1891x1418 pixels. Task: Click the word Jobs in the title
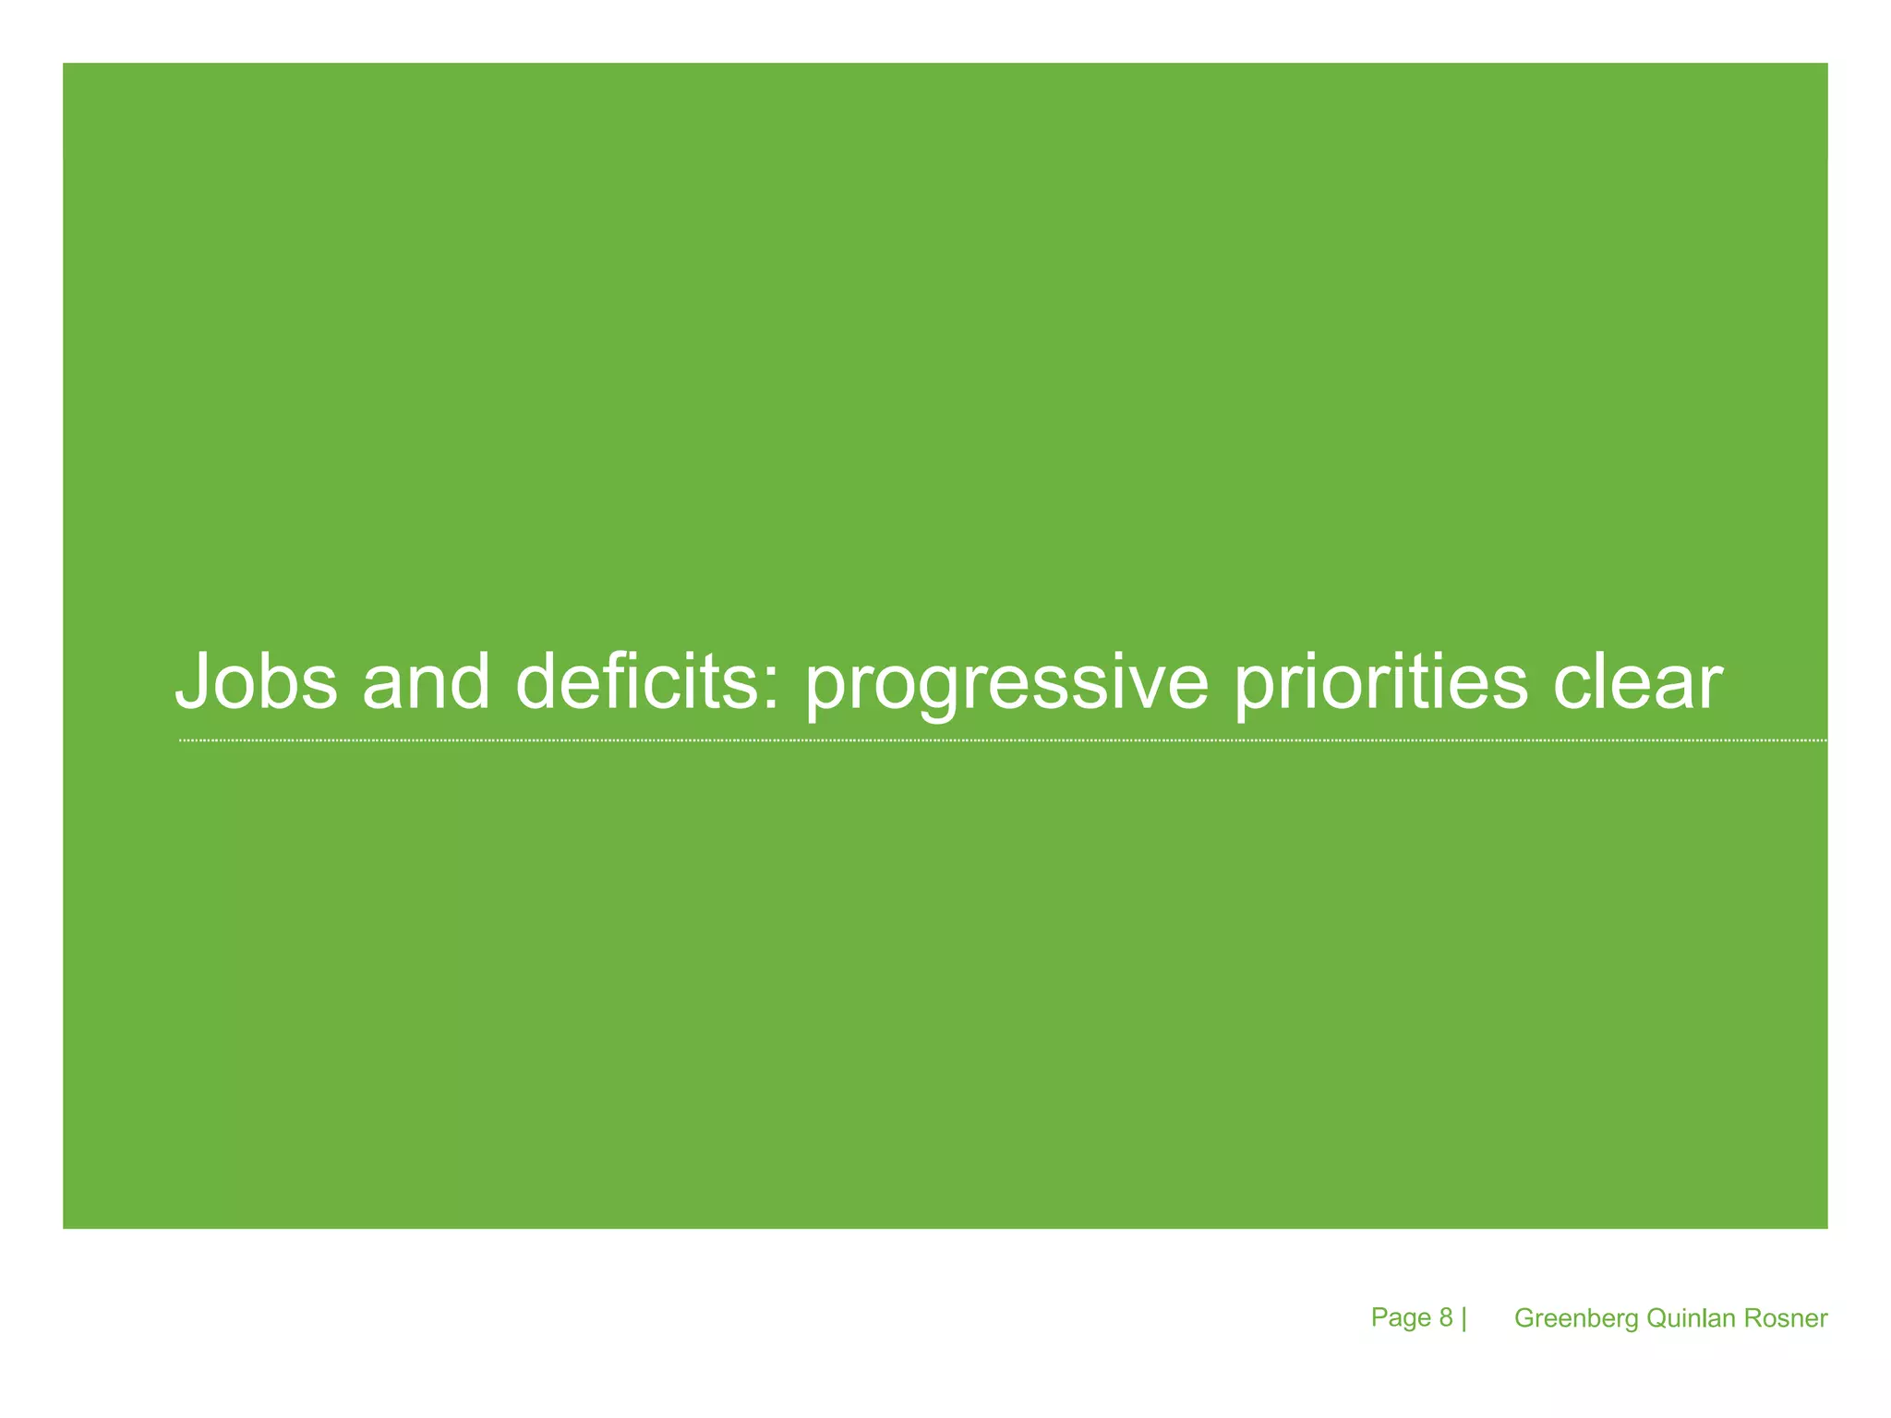point(257,681)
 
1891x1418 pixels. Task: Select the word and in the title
point(426,681)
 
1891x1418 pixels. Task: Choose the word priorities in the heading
point(1381,683)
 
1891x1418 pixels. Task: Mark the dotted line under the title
point(1002,740)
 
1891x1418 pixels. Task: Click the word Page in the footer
point(1401,1317)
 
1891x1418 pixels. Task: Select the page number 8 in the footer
point(1446,1317)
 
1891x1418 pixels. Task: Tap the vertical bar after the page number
point(1463,1318)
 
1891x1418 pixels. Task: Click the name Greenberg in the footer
point(1577,1318)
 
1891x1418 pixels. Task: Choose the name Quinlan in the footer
point(1692,1318)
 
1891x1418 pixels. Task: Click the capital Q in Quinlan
point(1656,1318)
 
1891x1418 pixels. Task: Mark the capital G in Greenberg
point(1524,1318)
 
